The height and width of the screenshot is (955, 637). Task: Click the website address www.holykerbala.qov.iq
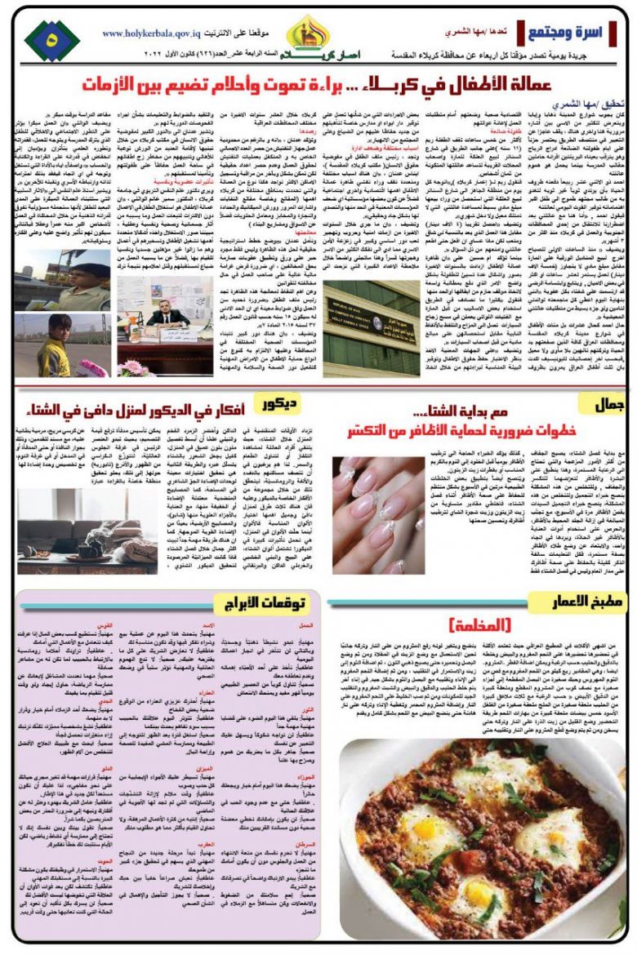coord(153,33)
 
